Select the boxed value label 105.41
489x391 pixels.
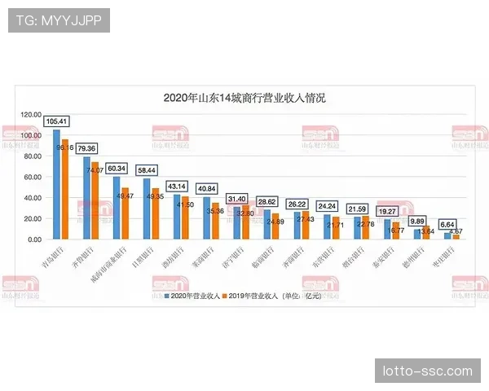click(x=57, y=121)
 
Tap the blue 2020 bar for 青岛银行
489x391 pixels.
click(x=56, y=184)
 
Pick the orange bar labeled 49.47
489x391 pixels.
click(x=125, y=214)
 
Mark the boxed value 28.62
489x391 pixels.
click(x=267, y=201)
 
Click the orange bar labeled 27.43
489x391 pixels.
click(x=305, y=226)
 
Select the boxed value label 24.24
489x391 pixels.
click(x=327, y=206)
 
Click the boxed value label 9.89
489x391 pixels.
click(x=417, y=221)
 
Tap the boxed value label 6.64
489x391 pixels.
click(x=447, y=224)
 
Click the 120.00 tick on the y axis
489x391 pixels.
click(x=31, y=114)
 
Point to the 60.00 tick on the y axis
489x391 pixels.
click(x=31, y=177)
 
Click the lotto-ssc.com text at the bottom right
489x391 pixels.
click(x=427, y=371)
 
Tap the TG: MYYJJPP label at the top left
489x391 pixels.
click(x=58, y=20)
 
